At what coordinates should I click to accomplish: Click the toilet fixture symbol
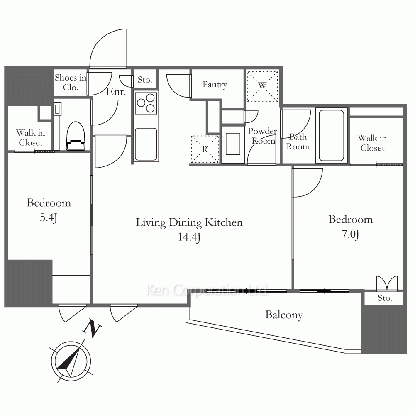(76, 136)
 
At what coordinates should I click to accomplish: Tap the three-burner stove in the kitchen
(146, 103)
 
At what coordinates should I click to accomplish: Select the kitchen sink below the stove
(146, 144)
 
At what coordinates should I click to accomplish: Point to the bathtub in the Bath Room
(331, 135)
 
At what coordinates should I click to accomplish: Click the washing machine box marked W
(262, 86)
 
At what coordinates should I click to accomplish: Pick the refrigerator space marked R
(205, 149)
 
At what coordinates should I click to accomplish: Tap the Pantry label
(215, 85)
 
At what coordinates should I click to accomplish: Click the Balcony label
(284, 315)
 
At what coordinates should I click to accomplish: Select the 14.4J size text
(189, 237)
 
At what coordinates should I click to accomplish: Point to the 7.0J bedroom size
(350, 234)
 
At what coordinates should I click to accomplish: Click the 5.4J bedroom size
(49, 218)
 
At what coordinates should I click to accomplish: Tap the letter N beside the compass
(92, 328)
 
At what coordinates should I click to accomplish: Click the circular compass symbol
(71, 361)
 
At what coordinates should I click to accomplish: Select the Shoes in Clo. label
(71, 82)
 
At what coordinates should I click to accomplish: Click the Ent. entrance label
(116, 92)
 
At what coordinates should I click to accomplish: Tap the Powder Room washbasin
(233, 144)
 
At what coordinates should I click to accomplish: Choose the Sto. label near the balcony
(385, 298)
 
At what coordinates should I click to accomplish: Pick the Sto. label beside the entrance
(145, 80)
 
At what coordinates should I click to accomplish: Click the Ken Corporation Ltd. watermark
(207, 290)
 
